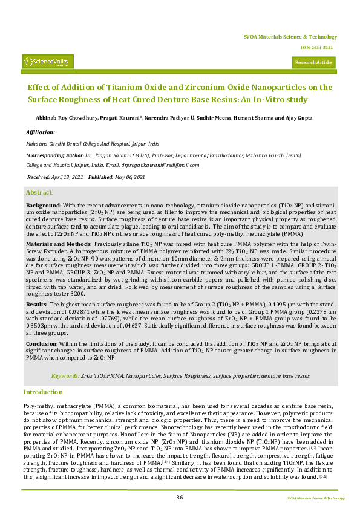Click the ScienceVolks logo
[x=48, y=61]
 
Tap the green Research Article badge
[x=314, y=62]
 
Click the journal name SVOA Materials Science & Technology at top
[x=290, y=37]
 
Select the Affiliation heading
[x=40, y=131]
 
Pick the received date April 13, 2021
[x=67, y=177]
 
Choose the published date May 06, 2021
[x=131, y=177]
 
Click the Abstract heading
[x=41, y=192]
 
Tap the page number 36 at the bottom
[x=180, y=497]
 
